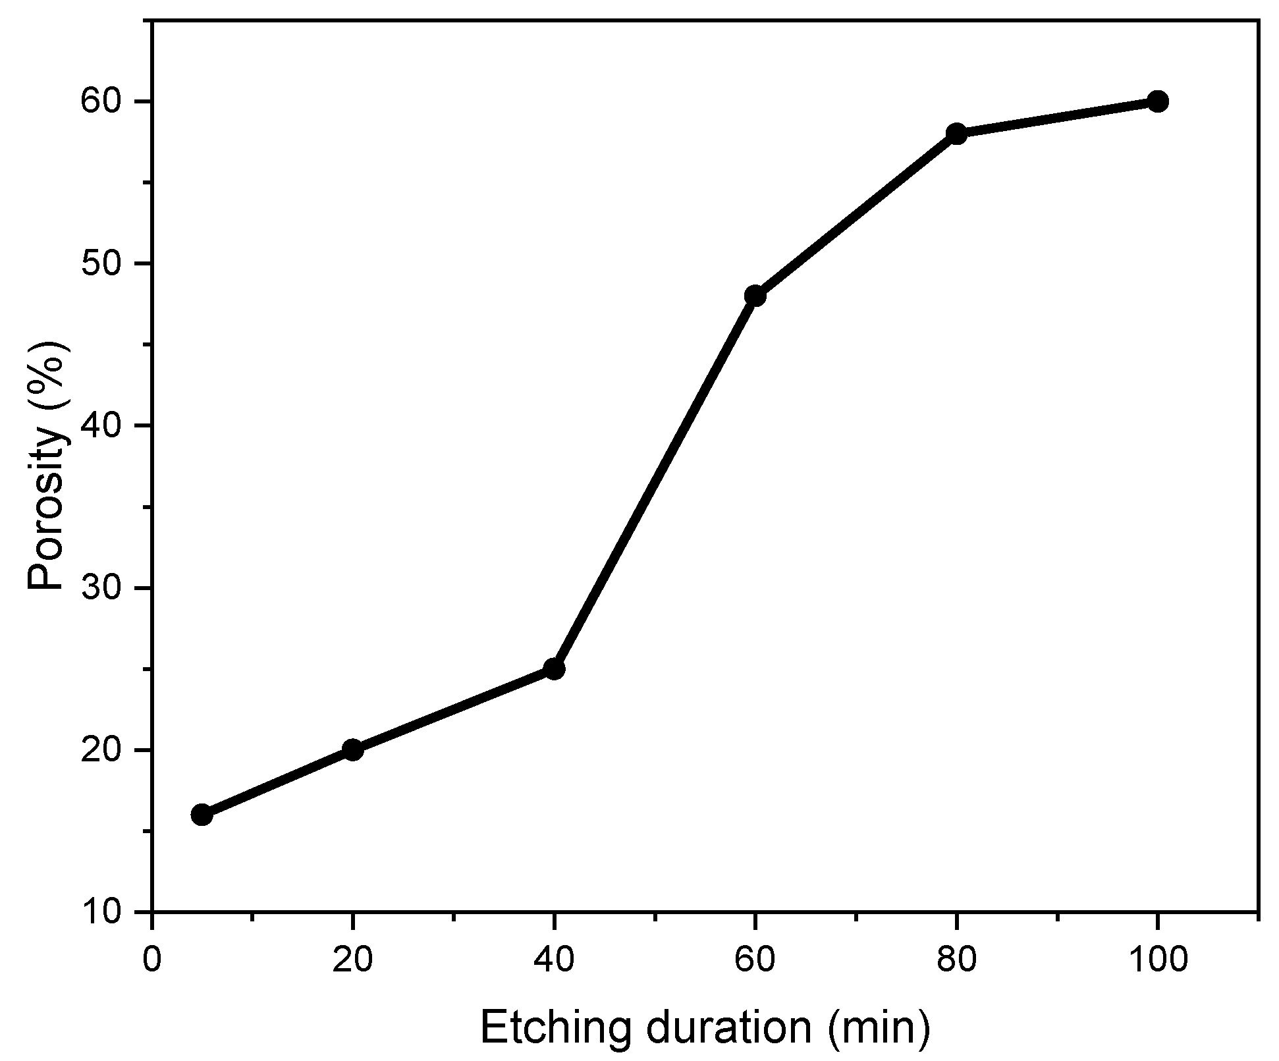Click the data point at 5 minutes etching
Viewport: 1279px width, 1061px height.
202,815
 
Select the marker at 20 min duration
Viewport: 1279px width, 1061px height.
353,749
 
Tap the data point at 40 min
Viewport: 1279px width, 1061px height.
555,669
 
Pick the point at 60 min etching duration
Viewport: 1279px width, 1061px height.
755,296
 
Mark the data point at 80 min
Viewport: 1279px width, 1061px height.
956,134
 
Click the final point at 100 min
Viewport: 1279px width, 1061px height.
1157,101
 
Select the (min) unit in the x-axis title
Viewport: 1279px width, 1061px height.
879,1028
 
